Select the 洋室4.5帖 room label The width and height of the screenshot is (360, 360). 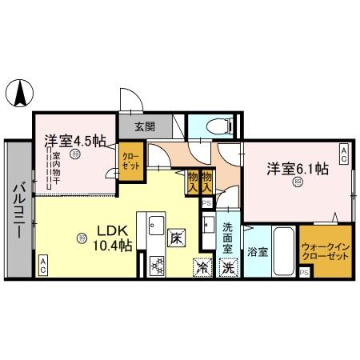pos(74,142)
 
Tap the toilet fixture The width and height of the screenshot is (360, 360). pos(215,126)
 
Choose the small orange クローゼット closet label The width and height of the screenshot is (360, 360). pos(130,158)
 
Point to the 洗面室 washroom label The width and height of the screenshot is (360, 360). pos(228,236)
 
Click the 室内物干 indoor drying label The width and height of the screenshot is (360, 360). pos(54,166)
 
